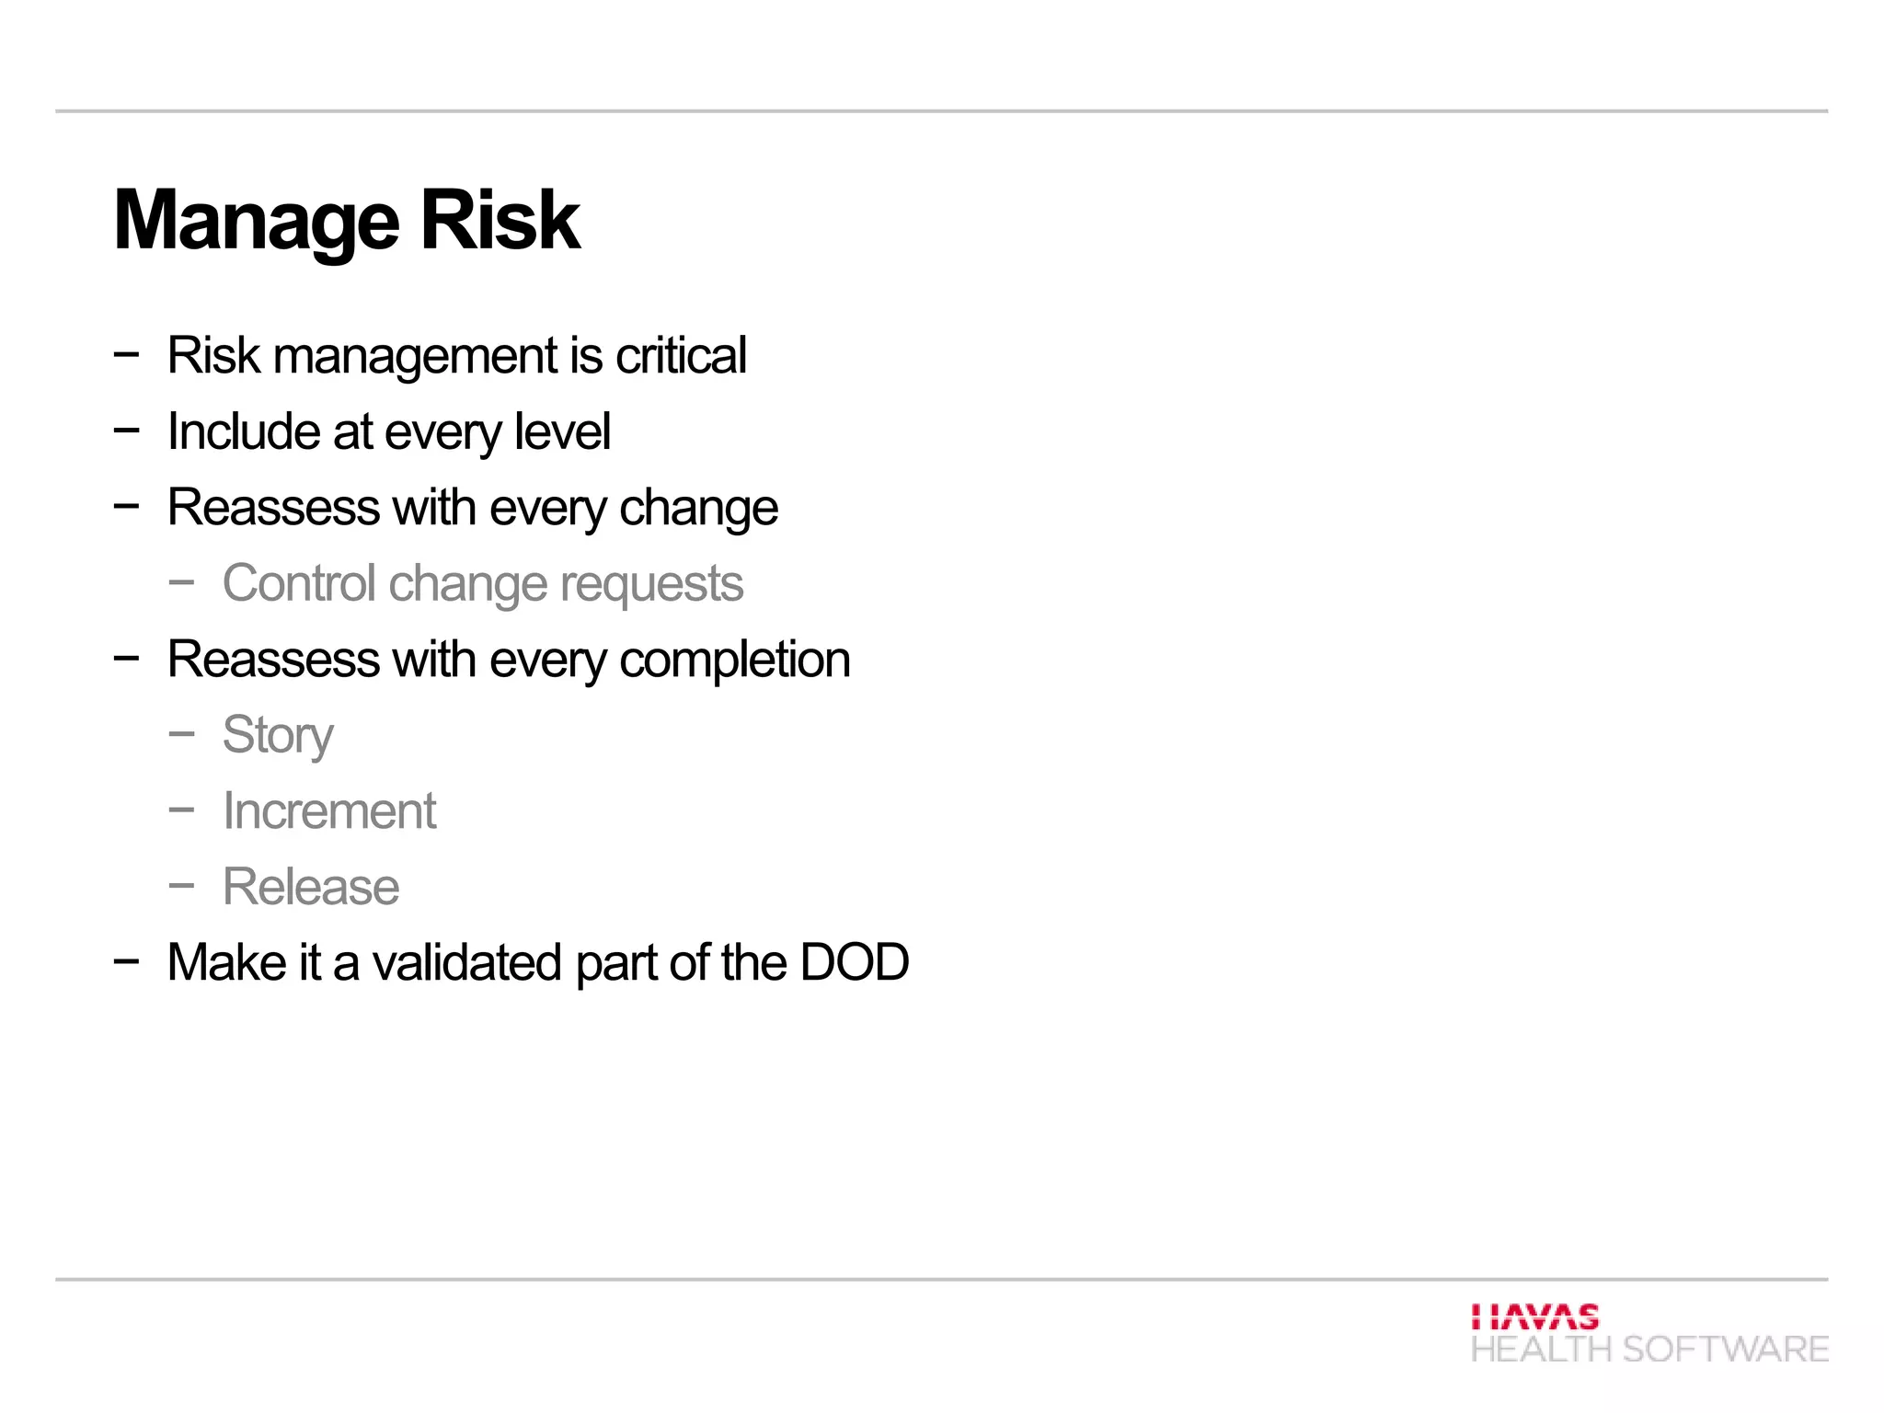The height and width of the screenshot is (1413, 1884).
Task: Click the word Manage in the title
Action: pyautogui.click(x=257, y=221)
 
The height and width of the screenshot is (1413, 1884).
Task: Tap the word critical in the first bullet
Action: pyautogui.click(x=681, y=355)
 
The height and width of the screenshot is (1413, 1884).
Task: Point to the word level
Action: pyautogui.click(x=562, y=431)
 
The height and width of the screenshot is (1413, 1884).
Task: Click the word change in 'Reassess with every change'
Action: pyautogui.click(x=698, y=509)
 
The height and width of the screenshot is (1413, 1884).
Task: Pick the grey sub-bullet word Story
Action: pyautogui.click(x=278, y=736)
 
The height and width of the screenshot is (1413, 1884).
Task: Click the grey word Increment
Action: pyautogui.click(x=329, y=811)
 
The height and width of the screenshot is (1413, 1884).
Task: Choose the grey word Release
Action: pyautogui.click(x=311, y=887)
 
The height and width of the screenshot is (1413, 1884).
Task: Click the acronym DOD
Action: pyautogui.click(x=855, y=963)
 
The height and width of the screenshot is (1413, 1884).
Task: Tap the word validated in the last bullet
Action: pyautogui.click(x=467, y=963)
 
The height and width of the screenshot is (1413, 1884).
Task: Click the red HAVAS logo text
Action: pyautogui.click(x=1534, y=1317)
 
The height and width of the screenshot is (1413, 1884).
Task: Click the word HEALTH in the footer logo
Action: pyautogui.click(x=1541, y=1350)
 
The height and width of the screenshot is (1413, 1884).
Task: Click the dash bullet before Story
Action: pyautogui.click(x=182, y=734)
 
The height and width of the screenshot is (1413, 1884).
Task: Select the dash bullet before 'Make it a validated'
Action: pyautogui.click(x=126, y=961)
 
